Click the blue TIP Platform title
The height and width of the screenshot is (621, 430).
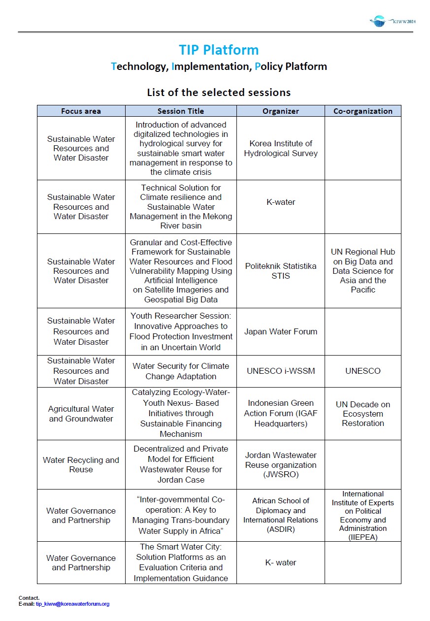(x=219, y=50)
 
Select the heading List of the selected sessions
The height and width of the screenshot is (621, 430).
(x=219, y=92)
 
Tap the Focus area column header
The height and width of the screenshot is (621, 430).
(x=81, y=111)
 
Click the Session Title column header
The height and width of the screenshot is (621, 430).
(x=181, y=111)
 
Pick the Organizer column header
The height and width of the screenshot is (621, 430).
(x=281, y=111)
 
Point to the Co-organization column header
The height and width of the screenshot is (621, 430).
(x=363, y=111)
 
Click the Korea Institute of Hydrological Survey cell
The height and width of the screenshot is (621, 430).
(x=281, y=148)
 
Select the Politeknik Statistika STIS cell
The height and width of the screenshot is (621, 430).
(x=281, y=271)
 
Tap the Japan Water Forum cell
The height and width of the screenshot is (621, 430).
(x=281, y=331)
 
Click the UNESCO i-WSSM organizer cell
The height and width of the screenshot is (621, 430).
(x=281, y=371)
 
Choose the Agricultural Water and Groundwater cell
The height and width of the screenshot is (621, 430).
(x=81, y=414)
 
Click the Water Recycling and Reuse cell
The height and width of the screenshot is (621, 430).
(x=81, y=464)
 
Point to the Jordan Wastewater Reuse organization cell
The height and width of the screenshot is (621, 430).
(x=281, y=464)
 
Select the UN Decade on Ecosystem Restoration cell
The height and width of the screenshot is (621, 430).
(x=363, y=414)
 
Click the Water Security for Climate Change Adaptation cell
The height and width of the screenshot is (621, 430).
(x=181, y=371)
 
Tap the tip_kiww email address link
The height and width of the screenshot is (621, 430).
(x=72, y=604)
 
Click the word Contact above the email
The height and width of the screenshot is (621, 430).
(x=29, y=598)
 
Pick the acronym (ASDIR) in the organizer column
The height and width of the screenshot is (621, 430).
(x=281, y=529)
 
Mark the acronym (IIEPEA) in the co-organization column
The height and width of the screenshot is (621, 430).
(x=363, y=537)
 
